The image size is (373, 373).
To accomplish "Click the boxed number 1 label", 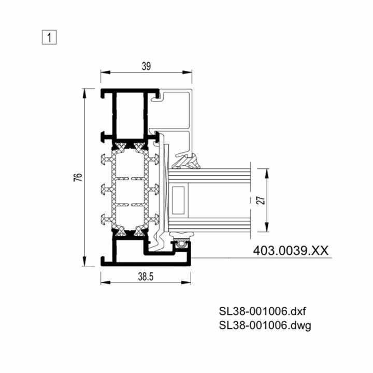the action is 49,37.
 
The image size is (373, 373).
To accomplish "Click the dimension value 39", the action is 146,66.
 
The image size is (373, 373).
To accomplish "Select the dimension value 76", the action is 78,177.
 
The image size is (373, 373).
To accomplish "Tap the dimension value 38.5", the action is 146,277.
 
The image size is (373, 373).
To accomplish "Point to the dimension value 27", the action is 261,200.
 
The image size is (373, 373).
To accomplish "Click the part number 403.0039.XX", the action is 291,251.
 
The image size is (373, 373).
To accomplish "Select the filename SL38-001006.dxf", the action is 262,311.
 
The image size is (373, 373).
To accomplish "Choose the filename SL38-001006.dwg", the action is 265,325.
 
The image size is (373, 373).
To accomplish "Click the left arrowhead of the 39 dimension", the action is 105,72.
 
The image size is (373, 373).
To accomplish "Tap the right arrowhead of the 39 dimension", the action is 187,72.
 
